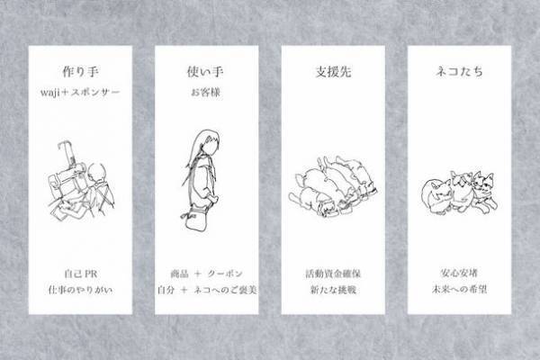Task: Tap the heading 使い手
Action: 206,71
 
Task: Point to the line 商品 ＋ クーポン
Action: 206,272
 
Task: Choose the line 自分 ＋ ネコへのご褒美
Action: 206,290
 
